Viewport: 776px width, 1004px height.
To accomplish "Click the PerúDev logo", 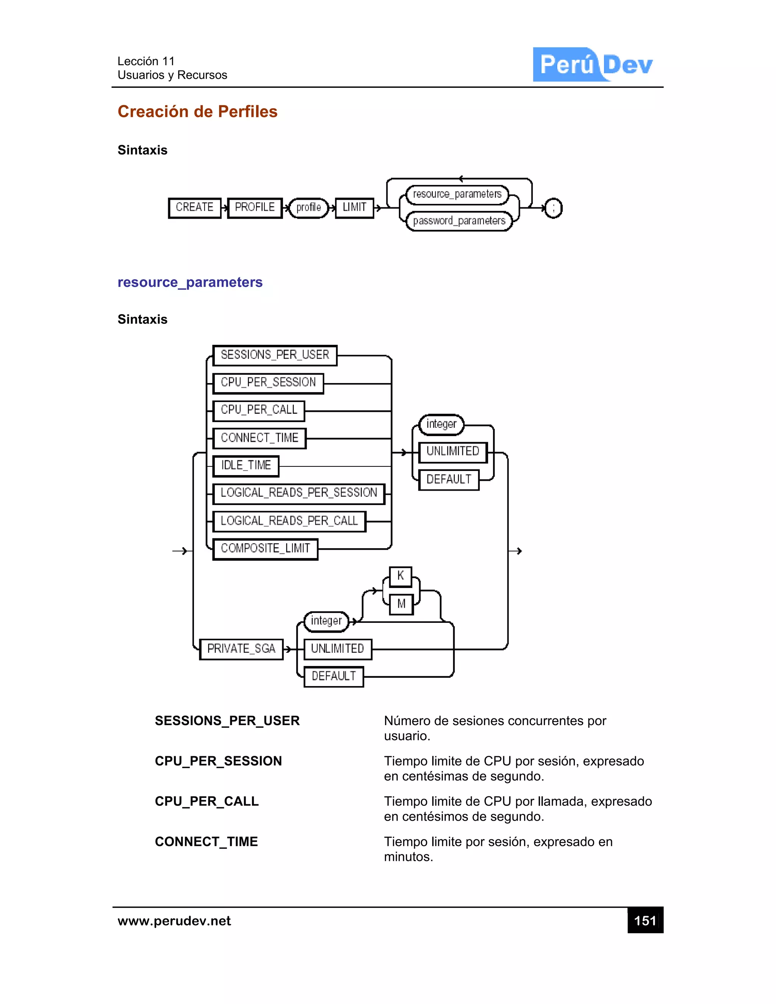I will [x=593, y=64].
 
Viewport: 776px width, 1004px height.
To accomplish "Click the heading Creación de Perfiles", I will [x=197, y=112].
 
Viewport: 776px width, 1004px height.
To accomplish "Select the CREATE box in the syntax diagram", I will [x=194, y=208].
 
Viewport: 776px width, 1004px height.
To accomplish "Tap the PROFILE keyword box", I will [x=255, y=208].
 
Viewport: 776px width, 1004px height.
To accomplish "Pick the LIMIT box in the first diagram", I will [x=354, y=208].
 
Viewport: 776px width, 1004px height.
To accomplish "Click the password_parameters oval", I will [x=459, y=221].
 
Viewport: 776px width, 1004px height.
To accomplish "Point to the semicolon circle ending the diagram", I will [x=553, y=208].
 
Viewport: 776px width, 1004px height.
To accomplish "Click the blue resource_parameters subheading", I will [x=190, y=282].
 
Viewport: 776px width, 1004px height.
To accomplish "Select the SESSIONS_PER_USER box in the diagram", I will [x=275, y=355].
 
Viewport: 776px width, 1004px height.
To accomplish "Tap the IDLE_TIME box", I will [x=246, y=466].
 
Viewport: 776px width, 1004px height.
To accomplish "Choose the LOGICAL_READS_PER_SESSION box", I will [x=299, y=493].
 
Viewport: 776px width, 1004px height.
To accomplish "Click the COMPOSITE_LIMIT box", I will [x=265, y=549].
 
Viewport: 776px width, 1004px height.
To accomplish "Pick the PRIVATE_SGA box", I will [x=241, y=649].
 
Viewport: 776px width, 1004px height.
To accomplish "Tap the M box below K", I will [x=401, y=604].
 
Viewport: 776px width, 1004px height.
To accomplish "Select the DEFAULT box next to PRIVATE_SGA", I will [x=334, y=677].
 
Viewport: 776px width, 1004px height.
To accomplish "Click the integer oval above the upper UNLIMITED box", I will [x=441, y=424].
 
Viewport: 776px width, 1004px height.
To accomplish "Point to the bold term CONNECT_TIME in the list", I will [x=207, y=842].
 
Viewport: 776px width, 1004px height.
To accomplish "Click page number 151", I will [x=645, y=921].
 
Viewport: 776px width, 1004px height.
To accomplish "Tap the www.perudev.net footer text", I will [x=174, y=921].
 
